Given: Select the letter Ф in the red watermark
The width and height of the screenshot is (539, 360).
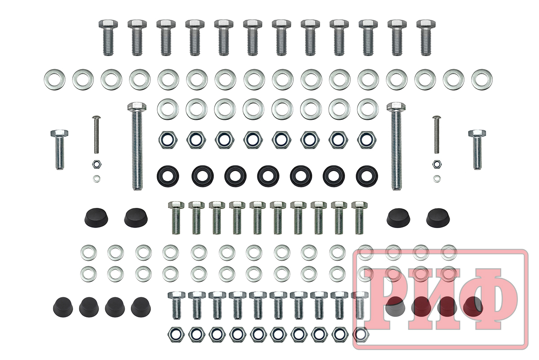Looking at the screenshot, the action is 489,299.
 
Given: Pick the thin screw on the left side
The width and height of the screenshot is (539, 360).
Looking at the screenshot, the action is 96,135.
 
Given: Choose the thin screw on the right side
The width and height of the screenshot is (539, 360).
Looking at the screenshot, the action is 436,135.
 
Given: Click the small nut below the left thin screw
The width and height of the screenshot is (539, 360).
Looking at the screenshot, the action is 97,164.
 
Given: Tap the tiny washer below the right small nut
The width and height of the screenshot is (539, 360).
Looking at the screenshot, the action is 437,179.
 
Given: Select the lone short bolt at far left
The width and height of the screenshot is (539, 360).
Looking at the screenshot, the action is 59,149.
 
